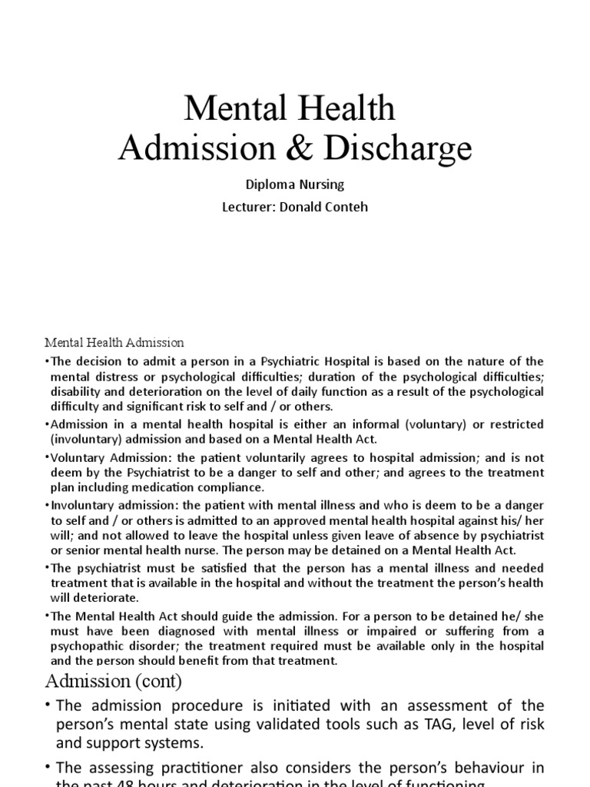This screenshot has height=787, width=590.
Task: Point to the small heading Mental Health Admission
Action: click(x=114, y=342)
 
